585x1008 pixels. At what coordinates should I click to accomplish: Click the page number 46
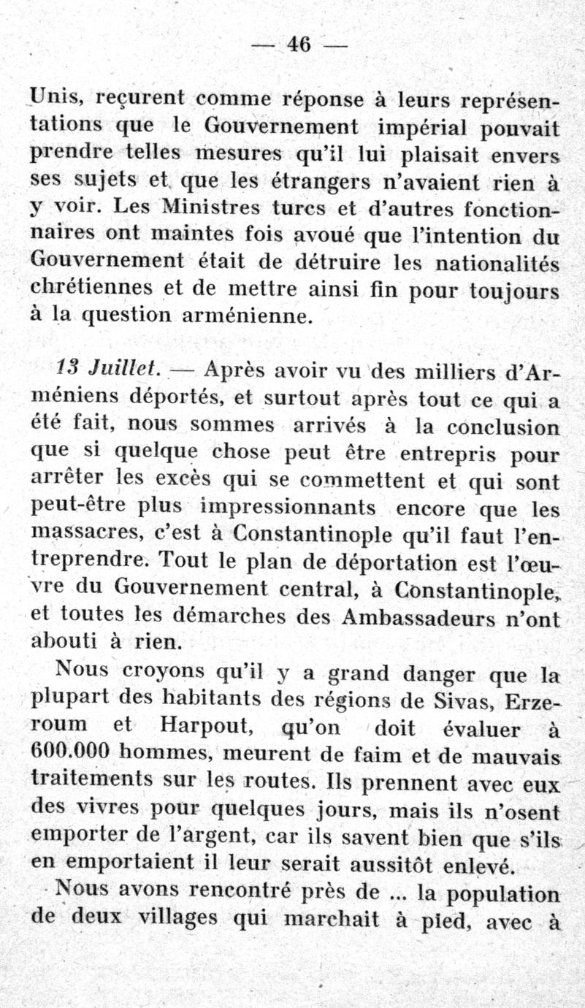(x=299, y=45)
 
